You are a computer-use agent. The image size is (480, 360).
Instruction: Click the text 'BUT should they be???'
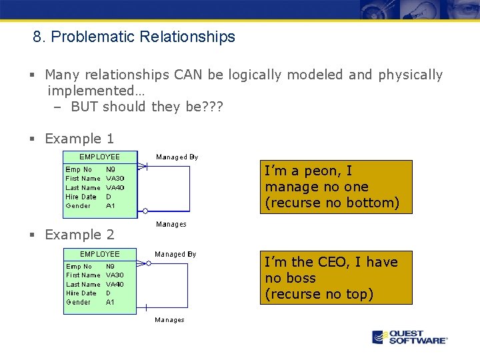pyautogui.click(x=147, y=107)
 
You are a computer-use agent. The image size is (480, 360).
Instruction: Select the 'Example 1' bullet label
pyautogui.click(x=79, y=139)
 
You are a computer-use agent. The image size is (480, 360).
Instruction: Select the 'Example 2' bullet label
pyautogui.click(x=79, y=235)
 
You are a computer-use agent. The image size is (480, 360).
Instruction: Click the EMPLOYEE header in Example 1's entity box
pyautogui.click(x=100, y=157)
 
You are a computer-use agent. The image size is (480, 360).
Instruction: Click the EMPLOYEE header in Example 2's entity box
pyautogui.click(x=100, y=254)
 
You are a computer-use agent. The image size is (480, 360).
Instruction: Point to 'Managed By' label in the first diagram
pyautogui.click(x=177, y=157)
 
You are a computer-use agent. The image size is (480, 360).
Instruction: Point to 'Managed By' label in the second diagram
pyautogui.click(x=175, y=254)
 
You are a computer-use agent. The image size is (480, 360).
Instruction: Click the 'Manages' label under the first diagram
pyautogui.click(x=171, y=224)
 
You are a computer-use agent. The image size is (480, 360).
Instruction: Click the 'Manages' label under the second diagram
pyautogui.click(x=169, y=320)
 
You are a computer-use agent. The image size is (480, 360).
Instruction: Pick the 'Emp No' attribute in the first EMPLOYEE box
pyautogui.click(x=79, y=169)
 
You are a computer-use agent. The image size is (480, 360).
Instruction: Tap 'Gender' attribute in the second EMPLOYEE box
pyautogui.click(x=78, y=302)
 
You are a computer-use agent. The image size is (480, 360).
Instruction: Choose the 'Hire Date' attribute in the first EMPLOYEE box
pyautogui.click(x=81, y=197)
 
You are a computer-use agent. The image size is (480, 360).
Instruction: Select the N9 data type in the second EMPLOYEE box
pyautogui.click(x=110, y=266)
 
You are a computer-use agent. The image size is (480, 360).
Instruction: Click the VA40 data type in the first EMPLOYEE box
pyautogui.click(x=115, y=187)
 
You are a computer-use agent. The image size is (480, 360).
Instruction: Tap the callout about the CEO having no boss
pyautogui.click(x=336, y=278)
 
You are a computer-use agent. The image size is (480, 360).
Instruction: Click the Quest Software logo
pyautogui.click(x=409, y=337)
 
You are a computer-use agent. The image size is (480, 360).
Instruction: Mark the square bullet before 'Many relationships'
pyautogui.click(x=31, y=75)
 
